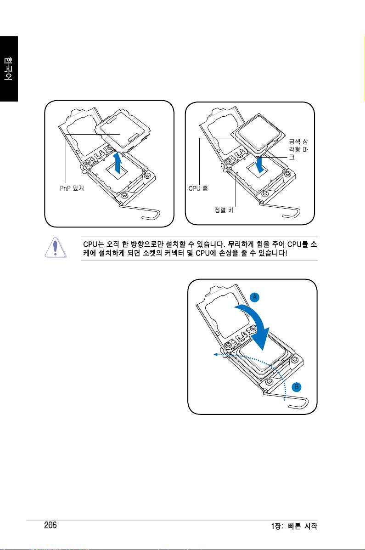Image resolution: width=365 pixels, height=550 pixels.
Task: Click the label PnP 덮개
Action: pos(72,188)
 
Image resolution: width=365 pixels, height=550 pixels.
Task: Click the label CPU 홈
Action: pos(198,188)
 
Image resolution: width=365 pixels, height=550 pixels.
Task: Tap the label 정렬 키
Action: pos(224,210)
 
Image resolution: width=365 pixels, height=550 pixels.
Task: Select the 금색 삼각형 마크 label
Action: pos(298,149)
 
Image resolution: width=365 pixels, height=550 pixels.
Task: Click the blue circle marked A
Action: pos(255,297)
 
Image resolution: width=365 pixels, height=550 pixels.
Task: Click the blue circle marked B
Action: pos(297,387)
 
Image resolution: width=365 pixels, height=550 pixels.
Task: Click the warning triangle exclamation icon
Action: pos(56,248)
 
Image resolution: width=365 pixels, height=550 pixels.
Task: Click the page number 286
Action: pos(51,525)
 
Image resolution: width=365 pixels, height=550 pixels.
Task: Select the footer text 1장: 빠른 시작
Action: pos(294,526)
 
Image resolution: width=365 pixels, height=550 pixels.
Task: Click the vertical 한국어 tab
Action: pos(9,69)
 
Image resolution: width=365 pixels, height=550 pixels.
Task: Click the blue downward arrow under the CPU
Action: pos(259,165)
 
